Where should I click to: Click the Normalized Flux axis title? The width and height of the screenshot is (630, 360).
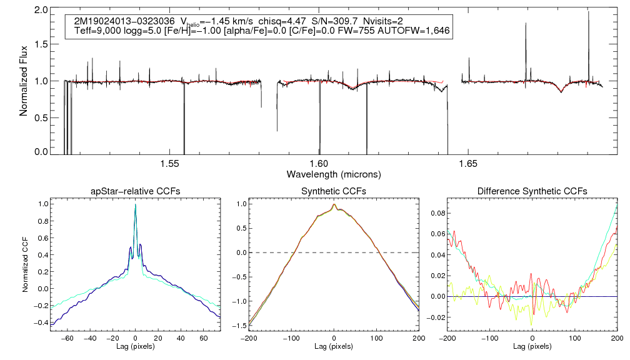point(24,81)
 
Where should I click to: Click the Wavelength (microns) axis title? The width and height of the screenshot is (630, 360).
point(334,173)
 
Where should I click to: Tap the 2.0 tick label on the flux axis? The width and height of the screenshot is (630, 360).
point(41,11)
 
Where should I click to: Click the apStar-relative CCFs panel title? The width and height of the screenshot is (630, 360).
point(135,191)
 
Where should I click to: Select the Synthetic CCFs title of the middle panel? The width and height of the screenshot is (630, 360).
point(334,191)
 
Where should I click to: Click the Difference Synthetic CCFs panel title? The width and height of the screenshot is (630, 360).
point(532,191)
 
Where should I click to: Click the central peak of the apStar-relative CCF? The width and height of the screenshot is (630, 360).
point(135,205)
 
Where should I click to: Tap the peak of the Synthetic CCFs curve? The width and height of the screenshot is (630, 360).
point(334,204)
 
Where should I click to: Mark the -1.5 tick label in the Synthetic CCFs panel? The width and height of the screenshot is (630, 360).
point(240,326)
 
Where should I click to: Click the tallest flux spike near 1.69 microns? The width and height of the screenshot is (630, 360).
point(588,12)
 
